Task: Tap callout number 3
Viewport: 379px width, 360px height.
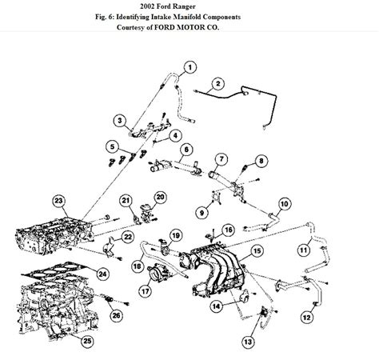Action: [x=119, y=122]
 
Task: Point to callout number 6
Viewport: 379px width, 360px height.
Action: [x=186, y=149]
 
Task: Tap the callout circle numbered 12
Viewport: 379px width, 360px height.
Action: [x=307, y=318]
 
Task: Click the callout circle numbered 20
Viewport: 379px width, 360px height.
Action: [x=160, y=196]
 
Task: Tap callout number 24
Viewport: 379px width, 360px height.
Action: [x=102, y=274]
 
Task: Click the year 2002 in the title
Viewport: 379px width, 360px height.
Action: [x=152, y=6]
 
